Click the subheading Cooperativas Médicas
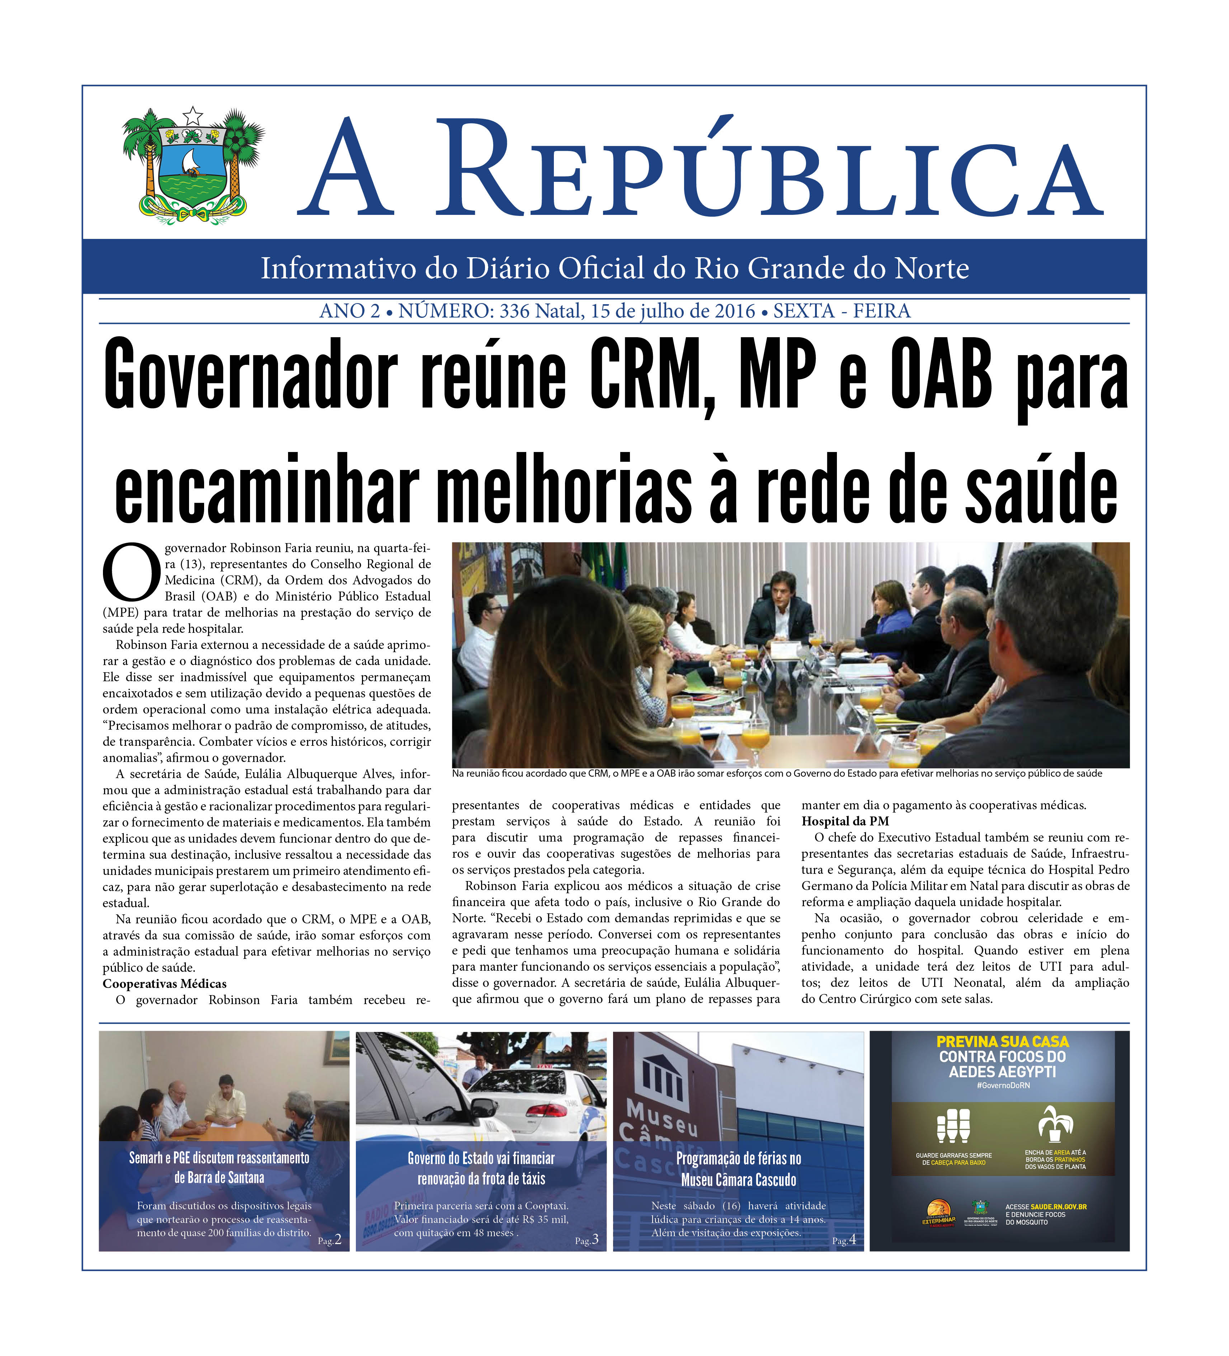[164, 984]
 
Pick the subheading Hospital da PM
[845, 821]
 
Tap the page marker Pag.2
[330, 1240]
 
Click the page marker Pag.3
[587, 1240]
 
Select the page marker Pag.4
[844, 1240]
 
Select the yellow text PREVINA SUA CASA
[1002, 1041]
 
